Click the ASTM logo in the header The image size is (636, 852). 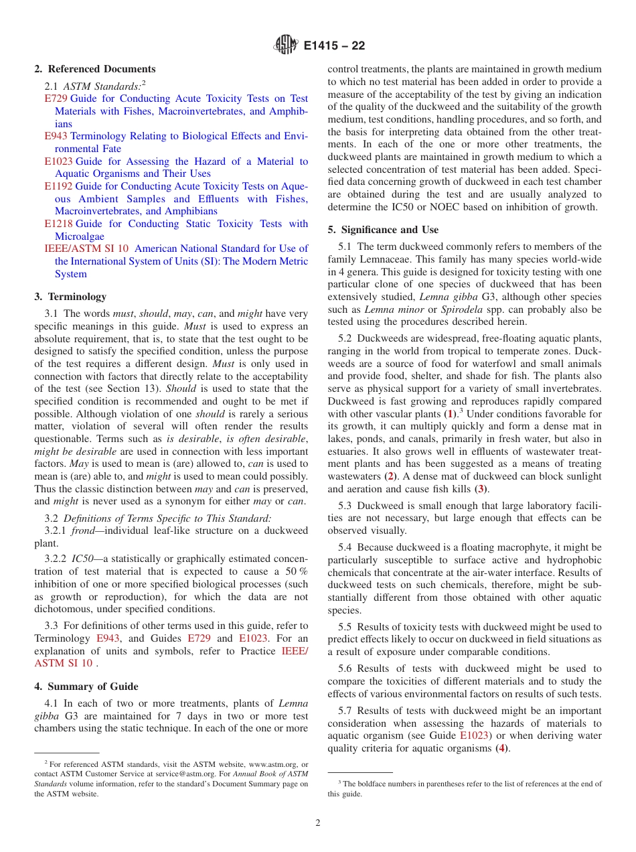pos(285,46)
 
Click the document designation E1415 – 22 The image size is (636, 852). pos(335,46)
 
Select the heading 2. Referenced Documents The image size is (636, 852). pos(95,69)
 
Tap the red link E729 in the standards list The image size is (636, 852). pos(56,98)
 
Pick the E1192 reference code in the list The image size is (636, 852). pos(58,186)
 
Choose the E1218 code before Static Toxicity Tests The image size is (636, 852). pos(58,224)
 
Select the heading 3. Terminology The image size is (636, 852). pos(70,297)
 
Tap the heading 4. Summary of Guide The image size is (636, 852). pos(86,687)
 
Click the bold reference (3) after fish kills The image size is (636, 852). pos(479,489)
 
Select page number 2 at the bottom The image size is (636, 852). pos(318,823)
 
